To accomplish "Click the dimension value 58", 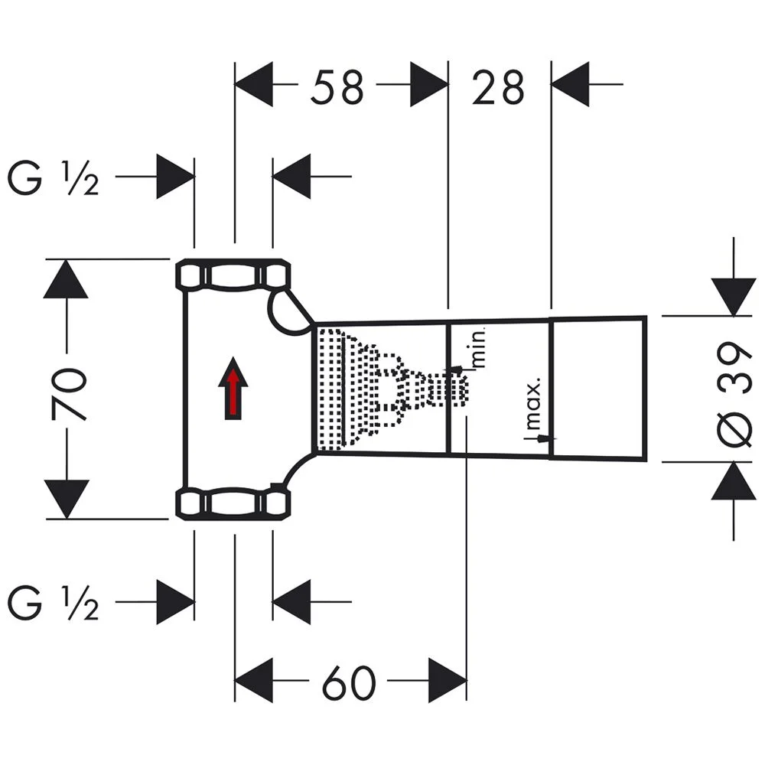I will pos(337,87).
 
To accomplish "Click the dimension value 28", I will pos(498,87).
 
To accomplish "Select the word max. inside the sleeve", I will pos(534,402).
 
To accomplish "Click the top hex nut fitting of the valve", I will pos(234,275).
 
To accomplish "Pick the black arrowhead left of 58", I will pos(254,85).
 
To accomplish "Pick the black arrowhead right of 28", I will pos(570,85).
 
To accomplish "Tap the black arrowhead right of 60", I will pos(447,679).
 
